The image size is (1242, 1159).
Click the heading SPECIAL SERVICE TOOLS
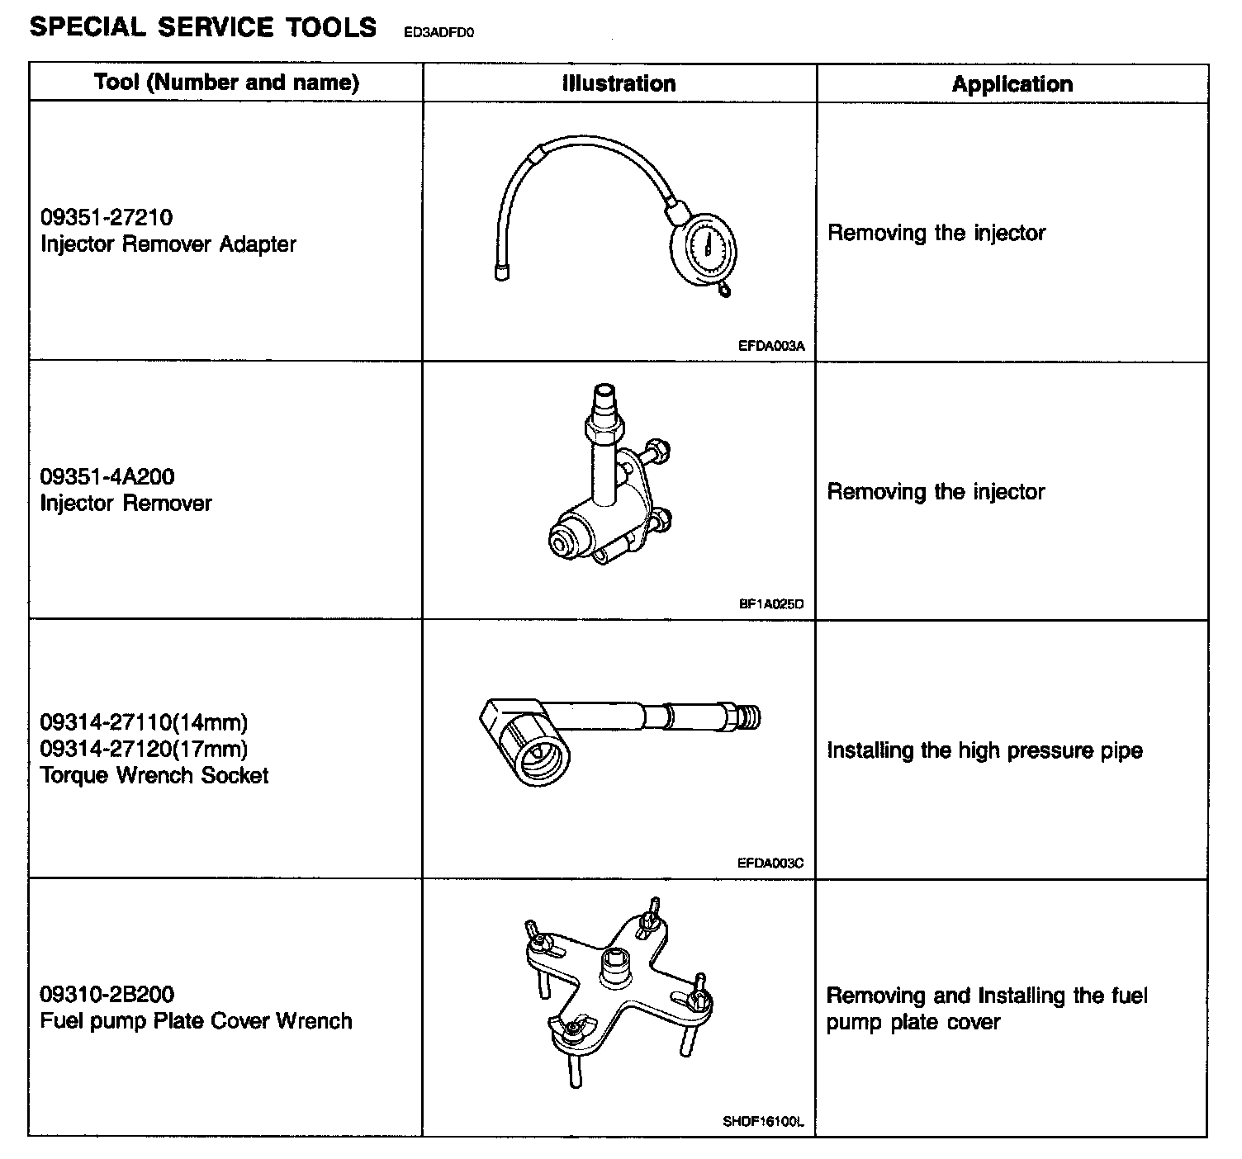coord(202,27)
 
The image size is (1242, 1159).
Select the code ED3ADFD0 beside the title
coord(439,33)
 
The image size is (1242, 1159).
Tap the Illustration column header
coord(619,83)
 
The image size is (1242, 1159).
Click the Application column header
coord(1012,84)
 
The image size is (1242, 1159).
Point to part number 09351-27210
coord(107,217)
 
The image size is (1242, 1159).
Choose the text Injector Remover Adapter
coord(168,244)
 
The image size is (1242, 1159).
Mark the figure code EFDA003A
coord(770,347)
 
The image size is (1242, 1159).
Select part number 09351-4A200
coord(107,476)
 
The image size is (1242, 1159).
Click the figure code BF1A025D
coord(770,604)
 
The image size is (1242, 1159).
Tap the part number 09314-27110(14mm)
coord(144,722)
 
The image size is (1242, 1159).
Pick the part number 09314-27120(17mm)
coord(144,749)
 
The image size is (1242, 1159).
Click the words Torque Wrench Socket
coord(154,775)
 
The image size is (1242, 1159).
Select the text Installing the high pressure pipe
coord(984,750)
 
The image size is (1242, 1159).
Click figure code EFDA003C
coord(770,863)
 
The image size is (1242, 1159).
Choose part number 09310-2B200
coord(107,994)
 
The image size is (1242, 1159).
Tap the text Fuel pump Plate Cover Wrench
coord(196,1021)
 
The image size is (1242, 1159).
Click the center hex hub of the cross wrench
coord(614,966)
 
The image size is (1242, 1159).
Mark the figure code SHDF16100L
coord(763,1122)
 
